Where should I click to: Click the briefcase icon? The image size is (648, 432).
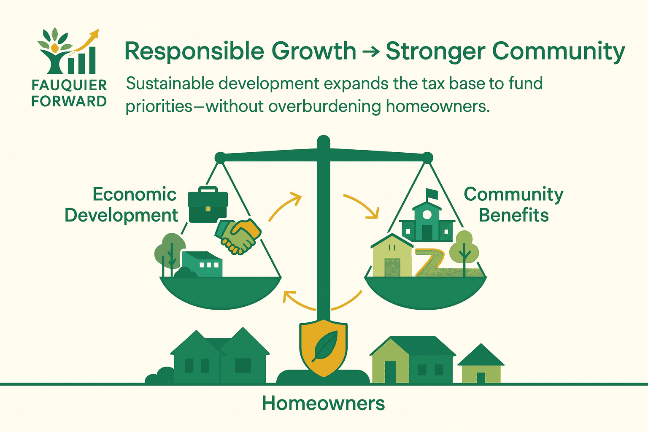click(208, 204)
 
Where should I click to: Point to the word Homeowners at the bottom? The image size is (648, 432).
click(324, 403)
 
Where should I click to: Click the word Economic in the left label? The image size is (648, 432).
click(135, 194)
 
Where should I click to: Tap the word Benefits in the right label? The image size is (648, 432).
click(514, 215)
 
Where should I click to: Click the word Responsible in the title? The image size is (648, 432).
click(194, 51)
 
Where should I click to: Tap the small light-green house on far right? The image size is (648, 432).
click(481, 363)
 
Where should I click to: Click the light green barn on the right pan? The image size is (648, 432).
click(392, 256)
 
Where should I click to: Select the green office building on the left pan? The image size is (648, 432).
click(202, 264)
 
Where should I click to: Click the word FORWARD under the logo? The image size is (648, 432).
click(69, 101)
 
